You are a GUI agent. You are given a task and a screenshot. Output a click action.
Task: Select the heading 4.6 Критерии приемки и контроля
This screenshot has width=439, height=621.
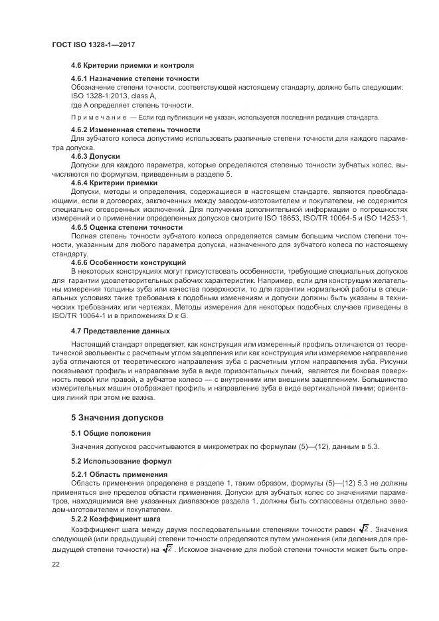point(132,66)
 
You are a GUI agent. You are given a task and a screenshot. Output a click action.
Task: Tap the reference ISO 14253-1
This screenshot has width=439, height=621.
point(386,217)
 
